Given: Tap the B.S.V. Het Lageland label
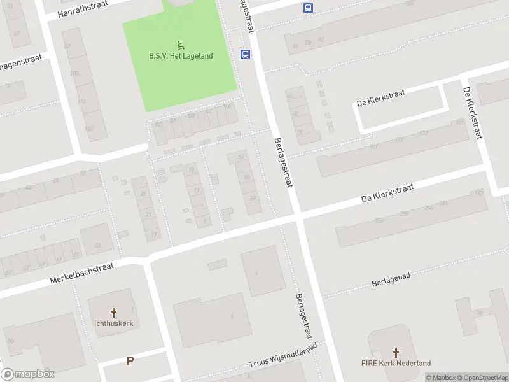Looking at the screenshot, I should pos(181,56).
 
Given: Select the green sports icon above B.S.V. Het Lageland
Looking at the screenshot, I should pos(181,45).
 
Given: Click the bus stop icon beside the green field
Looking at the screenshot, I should pos(245,54).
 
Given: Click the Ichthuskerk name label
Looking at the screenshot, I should pos(114,323).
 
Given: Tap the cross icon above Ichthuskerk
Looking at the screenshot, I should pos(114,313).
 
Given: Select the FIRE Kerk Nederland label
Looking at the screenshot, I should pos(396,364).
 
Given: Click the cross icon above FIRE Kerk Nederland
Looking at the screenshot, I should pos(396,352).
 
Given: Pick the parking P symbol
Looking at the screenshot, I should pos(130,360).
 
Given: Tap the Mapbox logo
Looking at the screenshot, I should pos(28,374).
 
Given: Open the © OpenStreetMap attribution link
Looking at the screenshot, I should pos(482,378).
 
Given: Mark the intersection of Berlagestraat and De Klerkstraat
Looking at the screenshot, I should pos(297,218).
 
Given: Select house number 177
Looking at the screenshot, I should pos(399,140).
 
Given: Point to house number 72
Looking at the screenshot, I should pos(299,132).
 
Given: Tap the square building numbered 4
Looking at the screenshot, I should pos(263,272).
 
